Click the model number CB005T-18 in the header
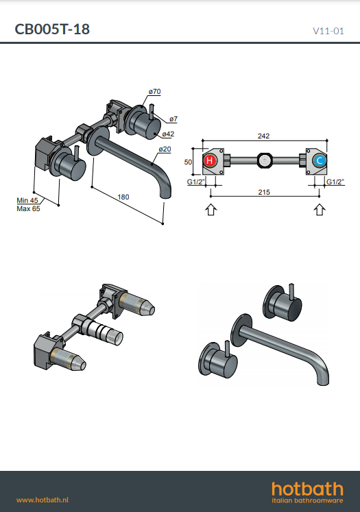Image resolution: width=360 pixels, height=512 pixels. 52,29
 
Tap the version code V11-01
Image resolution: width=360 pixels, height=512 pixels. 328,31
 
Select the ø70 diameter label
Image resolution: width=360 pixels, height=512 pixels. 154,92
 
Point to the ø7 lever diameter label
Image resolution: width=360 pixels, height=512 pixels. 173,119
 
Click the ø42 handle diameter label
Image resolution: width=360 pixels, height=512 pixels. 168,134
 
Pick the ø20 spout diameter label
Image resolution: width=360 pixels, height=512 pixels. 165,149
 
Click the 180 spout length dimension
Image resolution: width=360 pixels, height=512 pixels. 123,197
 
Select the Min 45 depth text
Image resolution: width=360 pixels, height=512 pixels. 27,200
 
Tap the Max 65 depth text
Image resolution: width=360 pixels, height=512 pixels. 28,208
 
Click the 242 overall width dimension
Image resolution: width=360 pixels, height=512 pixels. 263,136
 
